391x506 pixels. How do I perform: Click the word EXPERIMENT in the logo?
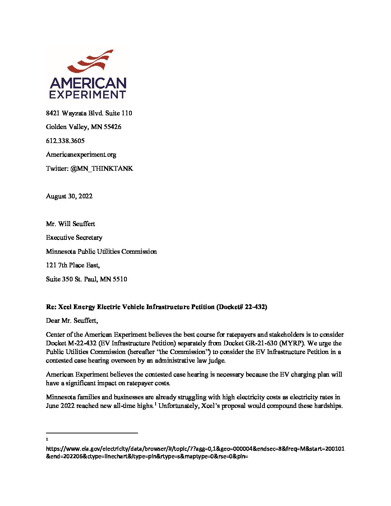pos(88,95)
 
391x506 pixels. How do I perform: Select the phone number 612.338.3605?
pos(65,141)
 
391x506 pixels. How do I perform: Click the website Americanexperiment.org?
pos(81,155)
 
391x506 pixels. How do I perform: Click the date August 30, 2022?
pos(69,196)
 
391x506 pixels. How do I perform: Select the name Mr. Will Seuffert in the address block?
pos(70,224)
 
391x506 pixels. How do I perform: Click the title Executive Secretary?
pos(74,238)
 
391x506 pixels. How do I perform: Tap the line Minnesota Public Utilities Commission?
pos(101,252)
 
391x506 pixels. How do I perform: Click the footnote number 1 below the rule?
pos(47,439)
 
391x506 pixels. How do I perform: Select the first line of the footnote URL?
pos(195,449)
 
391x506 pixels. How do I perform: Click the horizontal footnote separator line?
pos(92,433)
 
